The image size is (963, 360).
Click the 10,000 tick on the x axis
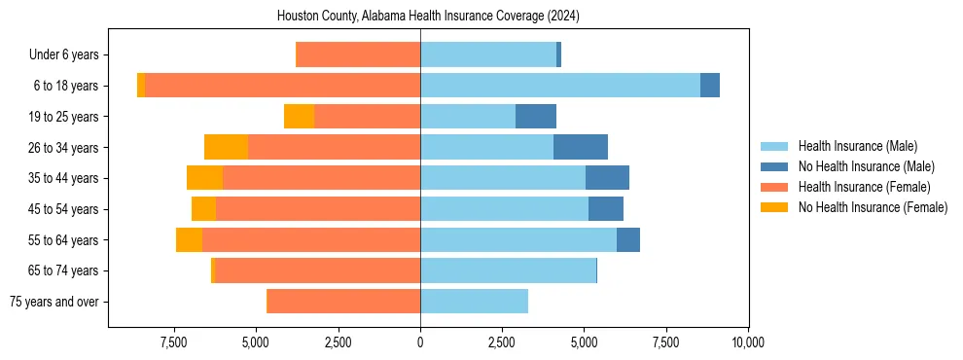(x=747, y=342)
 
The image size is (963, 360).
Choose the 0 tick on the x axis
(x=420, y=342)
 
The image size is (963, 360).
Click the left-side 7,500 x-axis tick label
(x=174, y=342)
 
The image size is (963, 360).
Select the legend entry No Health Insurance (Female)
(x=873, y=207)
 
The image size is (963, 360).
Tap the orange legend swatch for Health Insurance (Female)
(x=774, y=187)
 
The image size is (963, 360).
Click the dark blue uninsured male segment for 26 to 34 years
(x=581, y=147)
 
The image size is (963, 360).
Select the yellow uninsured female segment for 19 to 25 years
(x=299, y=117)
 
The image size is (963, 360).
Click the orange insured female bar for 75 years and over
(x=343, y=302)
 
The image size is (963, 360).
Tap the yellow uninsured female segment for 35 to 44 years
(x=204, y=178)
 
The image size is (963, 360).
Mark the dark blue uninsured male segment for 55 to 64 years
(x=628, y=239)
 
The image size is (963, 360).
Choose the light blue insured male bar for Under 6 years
(x=488, y=54)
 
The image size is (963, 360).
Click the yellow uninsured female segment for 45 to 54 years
(x=203, y=209)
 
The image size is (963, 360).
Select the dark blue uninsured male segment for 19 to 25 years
(x=536, y=117)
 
